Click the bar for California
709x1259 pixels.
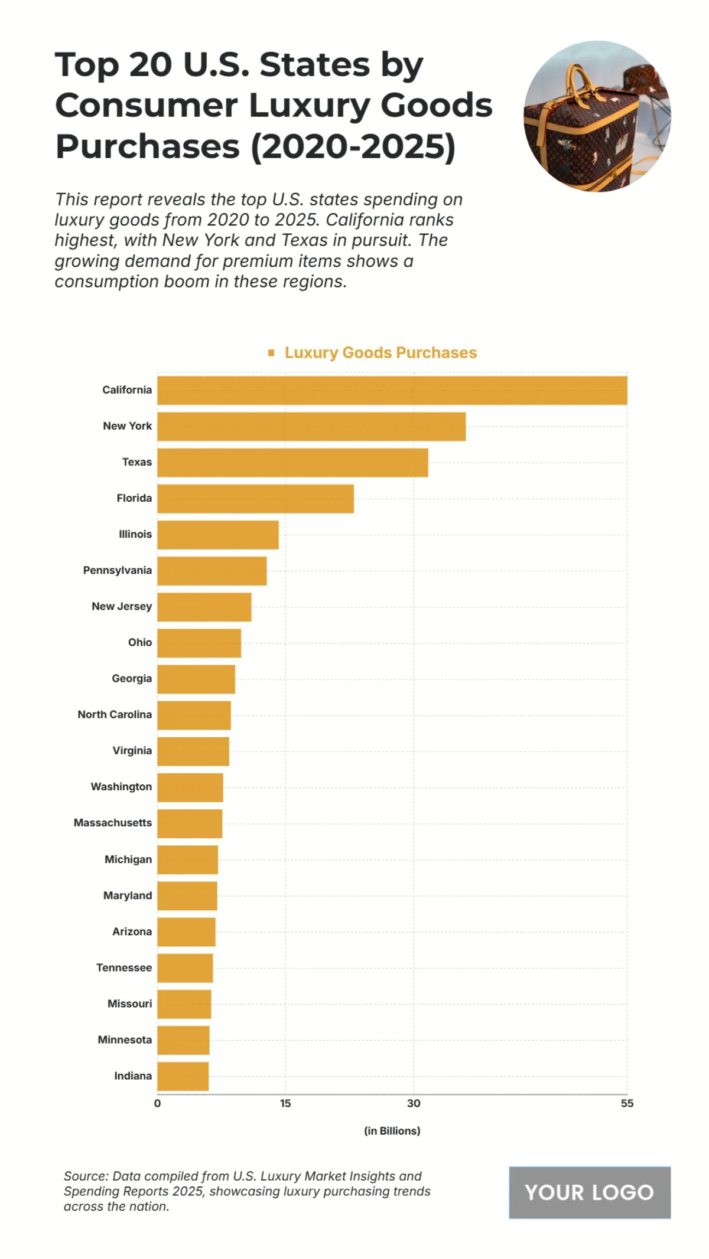point(392,390)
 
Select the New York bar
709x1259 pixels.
point(311,426)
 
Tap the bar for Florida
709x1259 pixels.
point(255,499)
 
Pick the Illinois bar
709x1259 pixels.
point(217,535)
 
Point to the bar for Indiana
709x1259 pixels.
point(183,1076)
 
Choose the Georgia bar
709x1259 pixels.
point(196,679)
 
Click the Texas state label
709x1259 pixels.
point(136,462)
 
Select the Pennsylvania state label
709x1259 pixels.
point(117,570)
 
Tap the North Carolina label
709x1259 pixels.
point(115,714)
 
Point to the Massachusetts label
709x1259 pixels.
point(112,823)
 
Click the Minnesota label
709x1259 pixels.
point(124,1039)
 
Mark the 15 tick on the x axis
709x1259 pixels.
point(285,1103)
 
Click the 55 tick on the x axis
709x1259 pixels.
point(626,1103)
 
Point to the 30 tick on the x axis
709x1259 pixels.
point(414,1103)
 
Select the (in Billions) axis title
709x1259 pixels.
point(392,1131)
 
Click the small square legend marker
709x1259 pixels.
point(271,353)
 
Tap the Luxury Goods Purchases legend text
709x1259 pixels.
point(380,353)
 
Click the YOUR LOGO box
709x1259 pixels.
point(589,1192)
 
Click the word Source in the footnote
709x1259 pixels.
point(85,1176)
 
